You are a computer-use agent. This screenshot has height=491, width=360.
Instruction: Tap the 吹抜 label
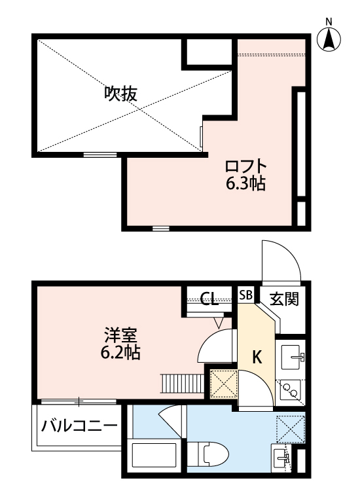click(x=121, y=94)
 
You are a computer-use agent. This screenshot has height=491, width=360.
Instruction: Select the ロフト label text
click(x=245, y=164)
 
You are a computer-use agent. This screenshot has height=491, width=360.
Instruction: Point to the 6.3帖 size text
click(x=245, y=184)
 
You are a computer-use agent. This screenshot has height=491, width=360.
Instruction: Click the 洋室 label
click(x=121, y=334)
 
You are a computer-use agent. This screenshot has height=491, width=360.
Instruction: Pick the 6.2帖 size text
click(x=121, y=353)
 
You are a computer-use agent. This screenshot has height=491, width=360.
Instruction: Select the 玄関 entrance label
click(x=285, y=299)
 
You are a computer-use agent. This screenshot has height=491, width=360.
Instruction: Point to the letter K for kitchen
click(x=257, y=357)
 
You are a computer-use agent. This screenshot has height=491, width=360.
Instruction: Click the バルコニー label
click(x=80, y=427)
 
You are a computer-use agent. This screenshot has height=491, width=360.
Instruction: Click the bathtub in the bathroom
click(x=156, y=458)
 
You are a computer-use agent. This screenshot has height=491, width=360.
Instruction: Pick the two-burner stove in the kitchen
click(x=290, y=391)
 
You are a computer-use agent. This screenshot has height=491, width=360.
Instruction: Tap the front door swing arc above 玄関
click(x=280, y=260)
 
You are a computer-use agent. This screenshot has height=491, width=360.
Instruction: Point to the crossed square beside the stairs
click(x=223, y=384)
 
